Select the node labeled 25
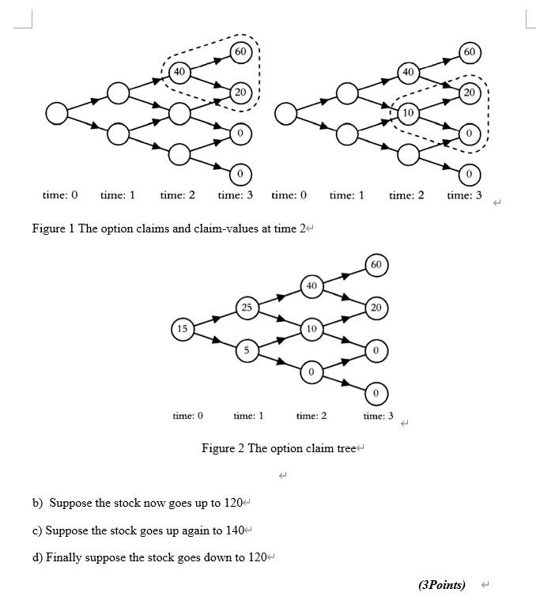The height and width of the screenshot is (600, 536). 247,306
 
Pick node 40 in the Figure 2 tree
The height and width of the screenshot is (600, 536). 312,285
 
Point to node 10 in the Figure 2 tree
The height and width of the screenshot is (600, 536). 312,327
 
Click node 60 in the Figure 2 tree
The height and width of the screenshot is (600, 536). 376,263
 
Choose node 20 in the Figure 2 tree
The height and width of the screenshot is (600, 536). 376,306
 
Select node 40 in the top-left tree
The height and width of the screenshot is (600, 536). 179,72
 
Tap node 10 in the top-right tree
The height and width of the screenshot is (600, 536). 407,112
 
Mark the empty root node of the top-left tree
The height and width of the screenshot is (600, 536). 57,114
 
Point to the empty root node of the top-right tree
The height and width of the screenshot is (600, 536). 285,114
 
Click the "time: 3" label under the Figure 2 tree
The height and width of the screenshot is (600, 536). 378,416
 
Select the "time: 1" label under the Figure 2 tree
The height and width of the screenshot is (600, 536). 248,416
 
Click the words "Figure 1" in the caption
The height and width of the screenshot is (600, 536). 53,229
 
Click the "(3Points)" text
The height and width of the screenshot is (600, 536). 441,585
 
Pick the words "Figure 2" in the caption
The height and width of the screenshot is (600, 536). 223,448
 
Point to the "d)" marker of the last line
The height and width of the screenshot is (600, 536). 38,557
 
